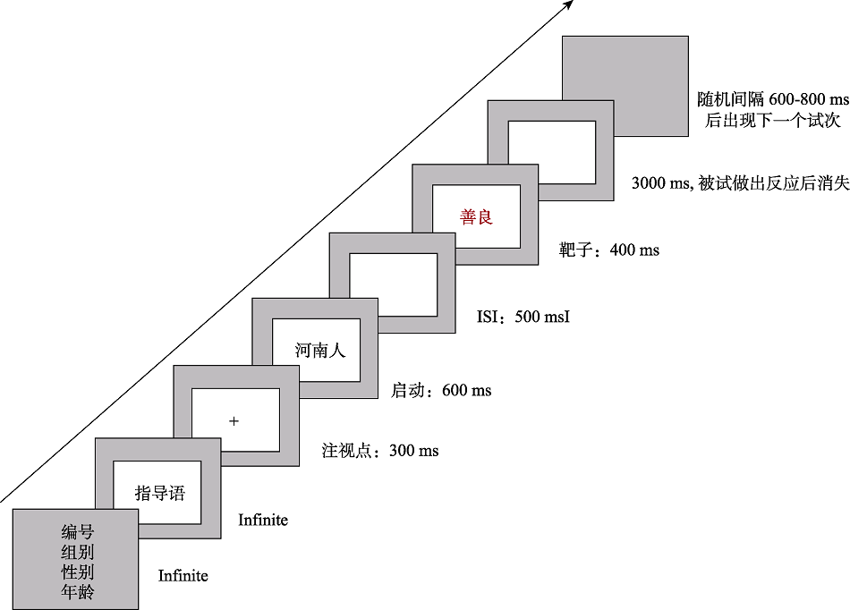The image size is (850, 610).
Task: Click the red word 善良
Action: click(476, 217)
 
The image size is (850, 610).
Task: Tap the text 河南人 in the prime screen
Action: click(319, 350)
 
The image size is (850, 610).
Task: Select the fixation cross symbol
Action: click(234, 421)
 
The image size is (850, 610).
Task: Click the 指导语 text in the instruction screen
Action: click(160, 493)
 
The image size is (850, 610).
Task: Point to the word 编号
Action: click(78, 532)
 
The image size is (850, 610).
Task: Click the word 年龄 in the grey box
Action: click(78, 591)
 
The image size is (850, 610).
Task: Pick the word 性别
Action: click(78, 572)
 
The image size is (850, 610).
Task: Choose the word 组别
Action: click(78, 552)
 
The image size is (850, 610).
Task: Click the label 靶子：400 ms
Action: click(609, 250)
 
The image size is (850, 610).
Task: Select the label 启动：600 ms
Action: click(441, 390)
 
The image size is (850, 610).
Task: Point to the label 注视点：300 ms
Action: click(380, 450)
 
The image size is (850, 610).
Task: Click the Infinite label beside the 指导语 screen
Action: click(263, 520)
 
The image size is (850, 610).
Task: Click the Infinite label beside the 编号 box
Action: click(183, 575)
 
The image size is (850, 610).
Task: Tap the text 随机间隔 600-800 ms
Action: click(773, 99)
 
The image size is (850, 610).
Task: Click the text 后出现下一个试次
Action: click(773, 120)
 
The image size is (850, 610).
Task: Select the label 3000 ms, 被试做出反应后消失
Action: click(741, 183)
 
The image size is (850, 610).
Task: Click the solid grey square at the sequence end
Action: click(625, 86)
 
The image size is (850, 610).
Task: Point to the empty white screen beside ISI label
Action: click(393, 285)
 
